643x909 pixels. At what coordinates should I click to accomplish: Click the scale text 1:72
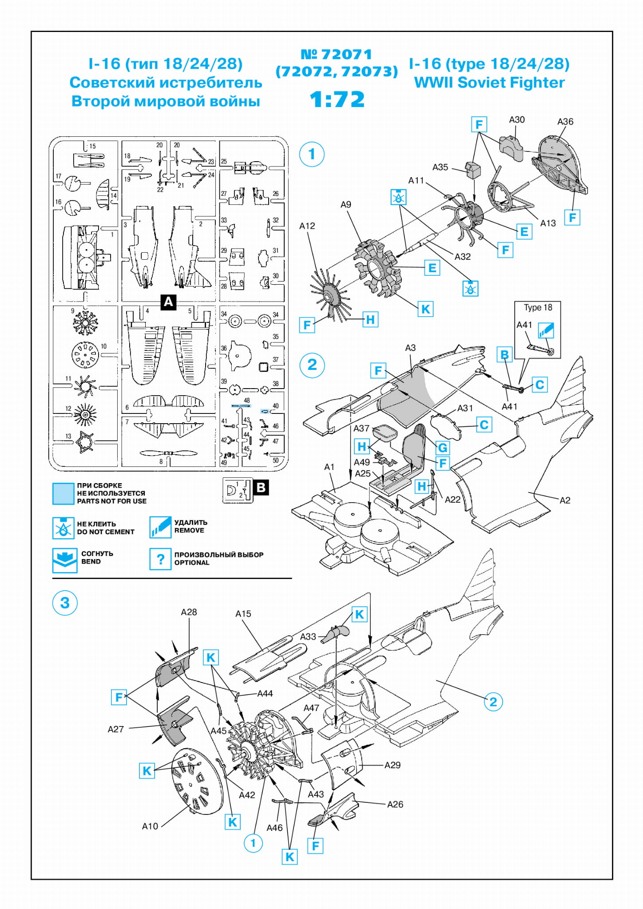[x=337, y=99]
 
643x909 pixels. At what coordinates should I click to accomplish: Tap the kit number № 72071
[x=336, y=54]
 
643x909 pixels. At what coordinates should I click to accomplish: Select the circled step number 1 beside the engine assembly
[x=312, y=154]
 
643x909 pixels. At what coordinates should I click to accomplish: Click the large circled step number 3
[x=65, y=603]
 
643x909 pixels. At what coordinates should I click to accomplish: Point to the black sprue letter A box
[x=168, y=302]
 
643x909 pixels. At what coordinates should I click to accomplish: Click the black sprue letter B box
[x=261, y=488]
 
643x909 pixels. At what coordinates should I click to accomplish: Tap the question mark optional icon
[x=160, y=559]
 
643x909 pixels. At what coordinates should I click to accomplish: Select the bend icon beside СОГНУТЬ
[x=64, y=560]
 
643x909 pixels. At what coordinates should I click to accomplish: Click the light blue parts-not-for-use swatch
[x=63, y=494]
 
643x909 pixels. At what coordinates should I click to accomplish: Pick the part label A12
[x=307, y=226]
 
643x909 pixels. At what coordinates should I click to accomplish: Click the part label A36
[x=565, y=122]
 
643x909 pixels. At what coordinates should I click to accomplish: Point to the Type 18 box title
[x=538, y=307]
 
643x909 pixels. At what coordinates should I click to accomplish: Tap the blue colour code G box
[x=442, y=447]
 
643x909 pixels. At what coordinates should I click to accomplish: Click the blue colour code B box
[x=504, y=354]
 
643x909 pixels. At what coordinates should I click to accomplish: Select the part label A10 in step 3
[x=150, y=826]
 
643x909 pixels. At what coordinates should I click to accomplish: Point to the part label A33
[x=308, y=636]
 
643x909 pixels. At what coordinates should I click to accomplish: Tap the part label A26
[x=395, y=804]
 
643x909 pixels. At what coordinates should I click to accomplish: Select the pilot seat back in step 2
[x=414, y=445]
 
